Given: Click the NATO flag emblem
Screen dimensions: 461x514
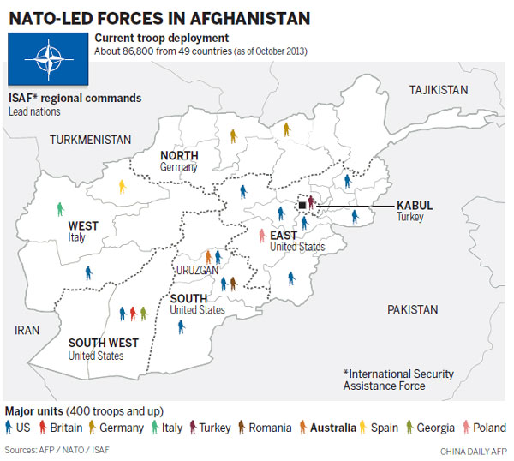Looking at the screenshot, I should click(x=49, y=59).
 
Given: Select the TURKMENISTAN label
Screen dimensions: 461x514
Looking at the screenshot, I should click(x=90, y=139).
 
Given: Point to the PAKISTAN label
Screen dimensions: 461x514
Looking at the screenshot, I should click(x=412, y=309).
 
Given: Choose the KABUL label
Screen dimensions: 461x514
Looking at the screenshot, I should click(x=415, y=206).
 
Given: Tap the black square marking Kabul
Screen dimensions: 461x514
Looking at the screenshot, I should click(x=302, y=206).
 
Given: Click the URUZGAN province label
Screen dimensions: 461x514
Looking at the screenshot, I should click(x=198, y=269).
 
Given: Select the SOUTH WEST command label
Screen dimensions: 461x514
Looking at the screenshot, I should click(x=102, y=343).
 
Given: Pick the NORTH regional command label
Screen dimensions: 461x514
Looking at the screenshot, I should click(x=179, y=155).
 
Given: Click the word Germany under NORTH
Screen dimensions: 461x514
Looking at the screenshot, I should click(x=179, y=167).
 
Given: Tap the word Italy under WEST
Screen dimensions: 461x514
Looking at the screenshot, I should click(x=77, y=237).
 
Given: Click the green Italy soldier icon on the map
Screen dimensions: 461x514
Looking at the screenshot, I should click(x=60, y=208).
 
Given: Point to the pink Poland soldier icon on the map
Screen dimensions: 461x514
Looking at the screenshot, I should click(x=262, y=235).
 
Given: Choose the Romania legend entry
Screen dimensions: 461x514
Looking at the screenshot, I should click(x=261, y=428).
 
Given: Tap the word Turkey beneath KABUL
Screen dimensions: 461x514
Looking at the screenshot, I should click(x=410, y=218).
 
